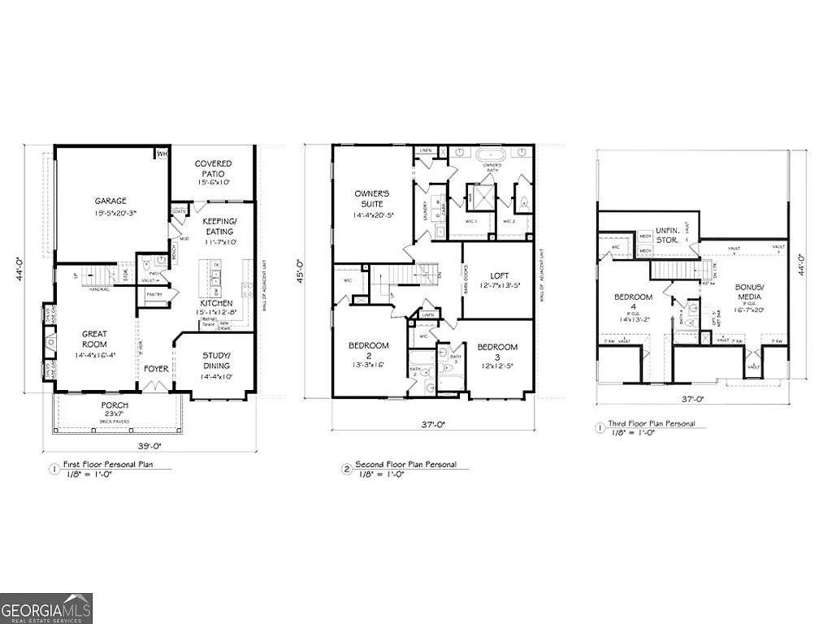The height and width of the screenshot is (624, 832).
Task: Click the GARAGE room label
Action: pyautogui.click(x=110, y=201)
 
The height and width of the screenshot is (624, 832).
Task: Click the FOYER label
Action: pyautogui.click(x=156, y=368)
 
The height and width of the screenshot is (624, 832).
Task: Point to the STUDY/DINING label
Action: pyautogui.click(x=216, y=360)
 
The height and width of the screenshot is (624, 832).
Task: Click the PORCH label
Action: pyautogui.click(x=114, y=405)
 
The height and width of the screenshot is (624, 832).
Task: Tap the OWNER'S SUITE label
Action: pyautogui.click(x=372, y=198)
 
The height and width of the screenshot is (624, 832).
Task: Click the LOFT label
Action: pyautogui.click(x=499, y=275)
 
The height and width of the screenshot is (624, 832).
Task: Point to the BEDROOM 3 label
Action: pyautogui.click(x=497, y=347)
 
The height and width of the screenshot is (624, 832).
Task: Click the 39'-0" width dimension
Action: pyautogui.click(x=147, y=447)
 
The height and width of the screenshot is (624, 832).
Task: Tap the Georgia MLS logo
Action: pyautogui.click(x=46, y=608)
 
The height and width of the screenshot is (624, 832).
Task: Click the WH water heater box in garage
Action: pyautogui.click(x=162, y=153)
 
